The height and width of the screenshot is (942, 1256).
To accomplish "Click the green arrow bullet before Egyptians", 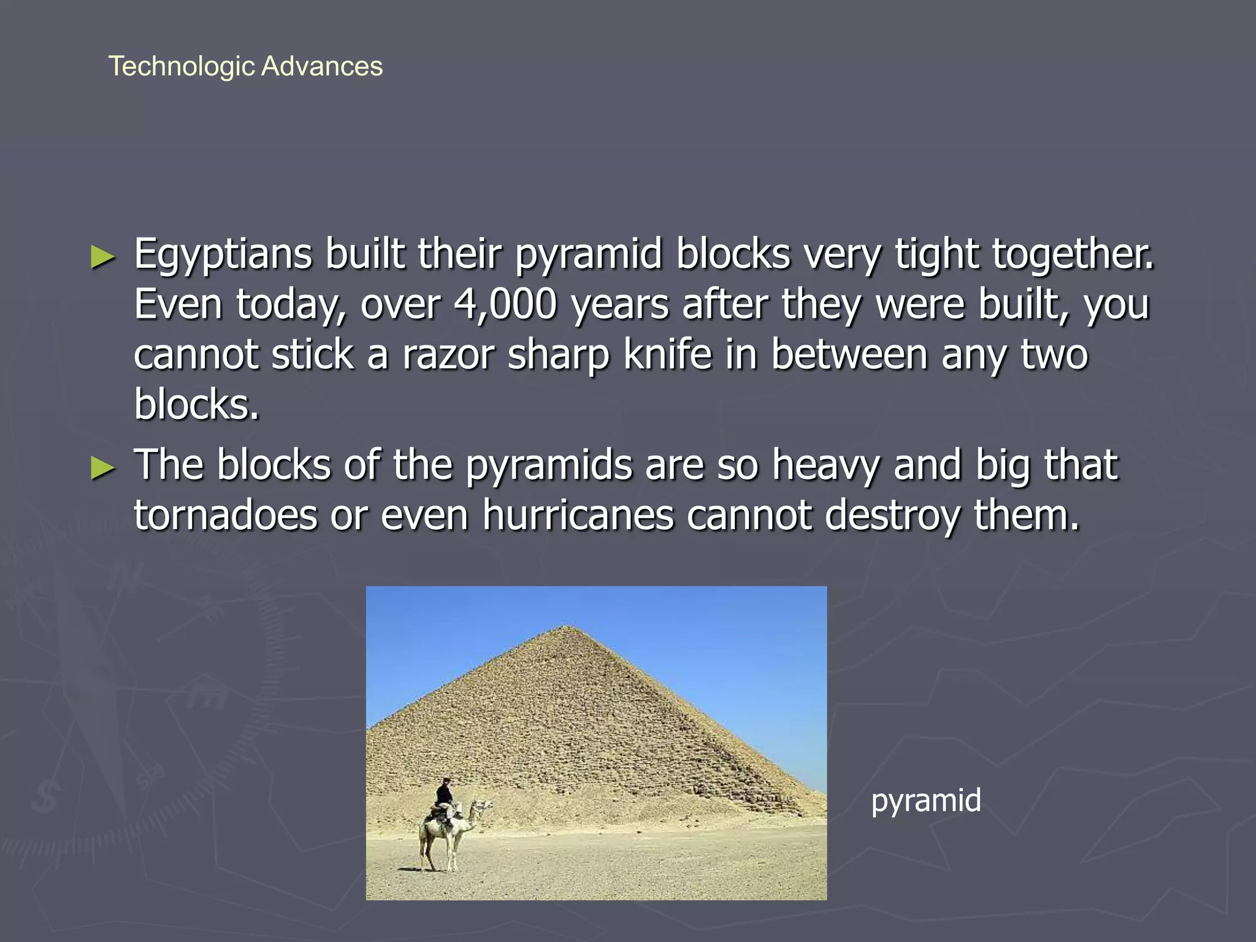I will pyautogui.click(x=102, y=257).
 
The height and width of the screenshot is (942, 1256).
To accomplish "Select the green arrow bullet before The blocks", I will pyautogui.click(x=102, y=468).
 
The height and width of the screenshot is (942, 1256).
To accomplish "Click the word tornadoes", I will pyautogui.click(x=225, y=515).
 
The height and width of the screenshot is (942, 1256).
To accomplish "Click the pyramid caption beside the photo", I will pyautogui.click(x=925, y=801).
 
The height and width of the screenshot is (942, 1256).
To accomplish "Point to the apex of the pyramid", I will pyautogui.click(x=568, y=626).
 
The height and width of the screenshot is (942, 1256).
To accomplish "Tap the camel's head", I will pyautogui.click(x=484, y=805).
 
